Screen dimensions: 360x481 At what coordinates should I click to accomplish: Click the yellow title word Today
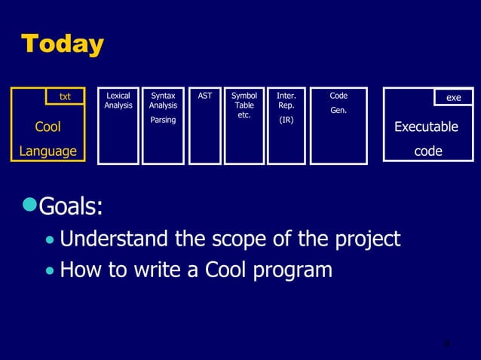[x=62, y=44]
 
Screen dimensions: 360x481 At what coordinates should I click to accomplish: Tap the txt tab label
[x=65, y=97]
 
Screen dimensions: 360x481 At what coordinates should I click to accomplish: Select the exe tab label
[x=453, y=98]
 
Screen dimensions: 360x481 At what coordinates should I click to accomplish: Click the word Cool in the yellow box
[x=48, y=127]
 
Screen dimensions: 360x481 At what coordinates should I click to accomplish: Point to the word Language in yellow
[x=48, y=151]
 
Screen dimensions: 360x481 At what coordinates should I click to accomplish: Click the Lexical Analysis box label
[x=118, y=101]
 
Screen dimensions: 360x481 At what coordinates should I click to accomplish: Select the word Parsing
[x=163, y=121]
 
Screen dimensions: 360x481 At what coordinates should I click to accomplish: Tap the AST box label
[x=204, y=96]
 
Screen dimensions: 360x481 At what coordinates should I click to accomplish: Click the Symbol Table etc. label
[x=244, y=105]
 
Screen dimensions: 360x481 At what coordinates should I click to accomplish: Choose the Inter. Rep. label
[x=286, y=101]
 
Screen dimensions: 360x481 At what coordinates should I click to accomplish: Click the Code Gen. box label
[x=339, y=102]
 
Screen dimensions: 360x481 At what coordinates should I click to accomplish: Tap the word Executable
[x=427, y=127]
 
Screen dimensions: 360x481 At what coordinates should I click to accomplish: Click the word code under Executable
[x=428, y=151]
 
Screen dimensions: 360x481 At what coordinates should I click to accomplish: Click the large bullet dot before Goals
[x=30, y=204]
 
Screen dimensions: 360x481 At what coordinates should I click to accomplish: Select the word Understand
[x=115, y=239]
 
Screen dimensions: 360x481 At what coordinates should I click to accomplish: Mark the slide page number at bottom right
[x=446, y=344]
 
